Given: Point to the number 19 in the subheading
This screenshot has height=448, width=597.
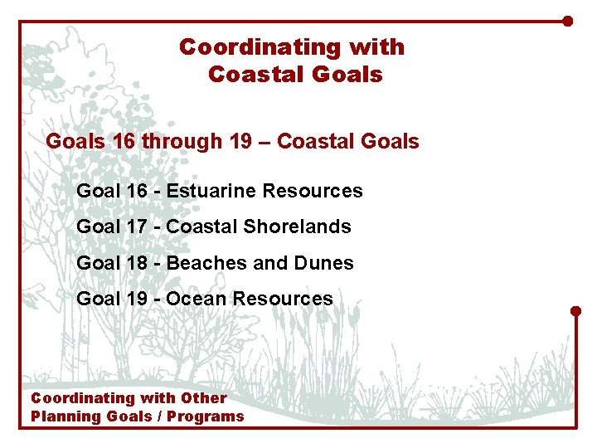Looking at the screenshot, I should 240,142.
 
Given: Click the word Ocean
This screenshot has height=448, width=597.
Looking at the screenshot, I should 197,299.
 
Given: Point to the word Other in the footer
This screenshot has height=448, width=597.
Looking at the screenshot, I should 205,398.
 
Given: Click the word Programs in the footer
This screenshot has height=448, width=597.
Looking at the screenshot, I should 206,416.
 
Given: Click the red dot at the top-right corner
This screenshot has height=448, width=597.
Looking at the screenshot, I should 567,21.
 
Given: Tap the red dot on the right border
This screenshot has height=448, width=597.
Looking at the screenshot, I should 576,311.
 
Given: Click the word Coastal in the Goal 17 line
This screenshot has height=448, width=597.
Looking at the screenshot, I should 199,226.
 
